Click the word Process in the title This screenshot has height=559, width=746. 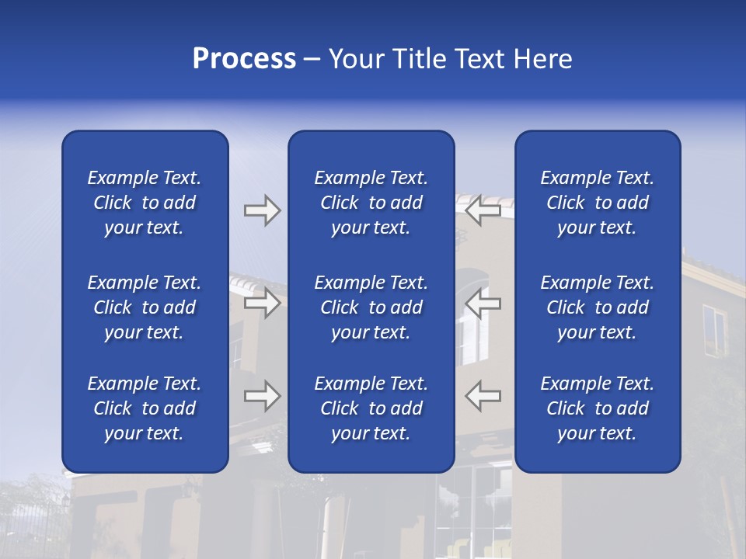coord(244,59)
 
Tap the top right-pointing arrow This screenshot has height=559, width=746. coord(262,210)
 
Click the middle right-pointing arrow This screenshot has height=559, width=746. coord(262,303)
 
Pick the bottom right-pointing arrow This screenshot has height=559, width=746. coord(262,396)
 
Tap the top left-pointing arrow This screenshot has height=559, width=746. coord(483,210)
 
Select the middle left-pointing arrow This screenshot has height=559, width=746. coord(483,303)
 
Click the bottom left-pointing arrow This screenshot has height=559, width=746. coord(483,396)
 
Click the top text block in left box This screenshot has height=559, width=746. coord(145,203)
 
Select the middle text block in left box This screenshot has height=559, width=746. coord(145,307)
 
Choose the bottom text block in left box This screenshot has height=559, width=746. coord(145,408)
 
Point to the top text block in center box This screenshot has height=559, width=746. coord(371,203)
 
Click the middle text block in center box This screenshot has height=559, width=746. coord(371,307)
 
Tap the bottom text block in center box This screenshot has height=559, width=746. coord(371,408)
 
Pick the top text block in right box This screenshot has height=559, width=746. coord(597,203)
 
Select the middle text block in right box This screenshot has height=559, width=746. coord(597,307)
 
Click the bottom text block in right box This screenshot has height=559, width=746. coord(597,408)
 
